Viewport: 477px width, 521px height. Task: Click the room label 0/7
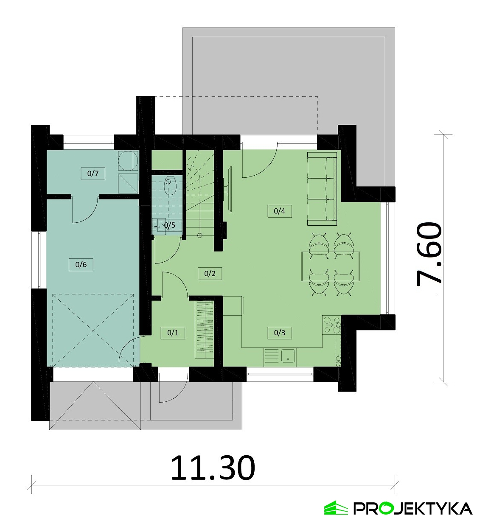93,174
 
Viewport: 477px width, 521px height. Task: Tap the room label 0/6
81,265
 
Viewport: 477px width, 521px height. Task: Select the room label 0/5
170,225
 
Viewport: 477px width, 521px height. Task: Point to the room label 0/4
280,211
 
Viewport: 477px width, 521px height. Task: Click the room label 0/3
280,333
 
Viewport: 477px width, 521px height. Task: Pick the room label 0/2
210,274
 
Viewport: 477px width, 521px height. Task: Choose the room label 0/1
173,333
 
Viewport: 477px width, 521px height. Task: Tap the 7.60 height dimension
429,254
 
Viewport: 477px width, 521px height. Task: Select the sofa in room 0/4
322,188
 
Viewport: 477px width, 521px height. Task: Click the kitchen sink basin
288,356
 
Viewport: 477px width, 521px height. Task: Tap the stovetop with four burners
331,325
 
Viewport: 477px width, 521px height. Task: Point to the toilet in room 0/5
170,185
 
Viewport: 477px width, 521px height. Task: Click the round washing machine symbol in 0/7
128,160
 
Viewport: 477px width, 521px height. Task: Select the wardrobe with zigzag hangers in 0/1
205,330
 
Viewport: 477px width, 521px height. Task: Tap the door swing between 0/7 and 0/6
85,210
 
